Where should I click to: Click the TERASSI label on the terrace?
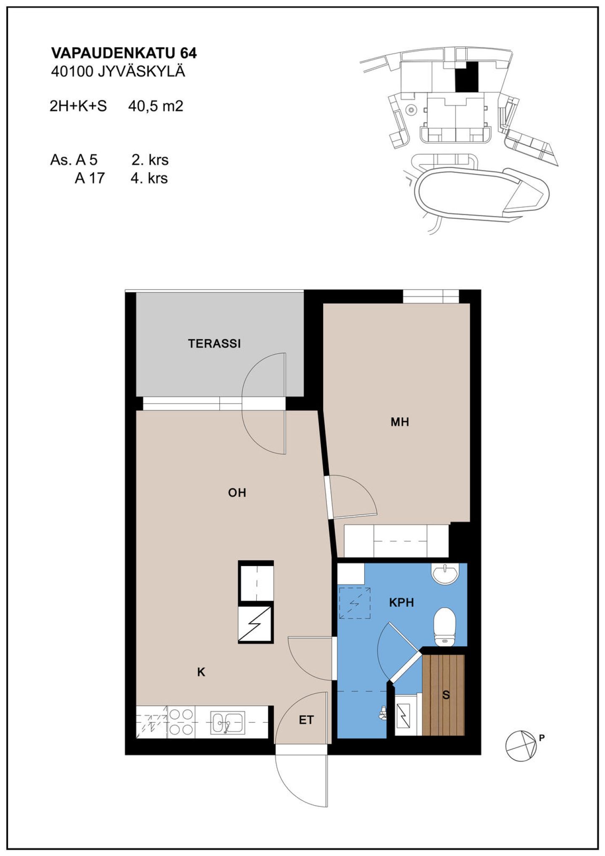pos(214,343)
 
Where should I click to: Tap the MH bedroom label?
pos(400,422)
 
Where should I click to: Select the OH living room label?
pos(237,493)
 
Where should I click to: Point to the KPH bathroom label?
pos(402,603)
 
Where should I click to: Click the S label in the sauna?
pos(446,695)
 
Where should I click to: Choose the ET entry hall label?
pos(306,720)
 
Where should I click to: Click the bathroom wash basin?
pos(446,574)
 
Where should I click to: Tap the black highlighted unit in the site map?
pos(467,76)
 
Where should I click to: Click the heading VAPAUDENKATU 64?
pos(124,53)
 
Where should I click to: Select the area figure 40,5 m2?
pos(156,106)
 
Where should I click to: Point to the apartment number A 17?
pos(89,178)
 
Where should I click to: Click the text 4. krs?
pos(149,178)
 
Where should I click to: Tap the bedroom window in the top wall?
pos(431,297)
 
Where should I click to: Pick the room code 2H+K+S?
pos(78,106)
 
